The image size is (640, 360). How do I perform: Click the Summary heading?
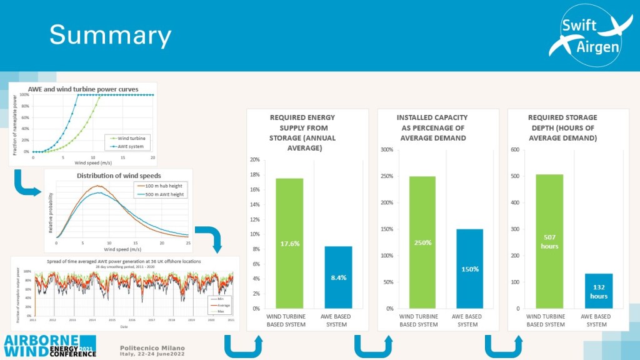(x=110, y=35)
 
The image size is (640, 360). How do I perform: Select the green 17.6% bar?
(x=289, y=243)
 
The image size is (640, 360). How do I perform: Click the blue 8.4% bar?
(x=339, y=277)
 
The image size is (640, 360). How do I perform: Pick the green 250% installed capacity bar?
(x=422, y=242)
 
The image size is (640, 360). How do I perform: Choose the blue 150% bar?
(x=469, y=269)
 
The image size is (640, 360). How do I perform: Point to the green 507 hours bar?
(x=549, y=241)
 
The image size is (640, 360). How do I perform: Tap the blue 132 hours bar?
(x=599, y=291)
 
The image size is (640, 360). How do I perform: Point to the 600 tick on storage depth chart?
(x=515, y=150)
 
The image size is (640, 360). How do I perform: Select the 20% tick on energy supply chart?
(x=254, y=159)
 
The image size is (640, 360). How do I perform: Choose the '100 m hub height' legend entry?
(x=161, y=186)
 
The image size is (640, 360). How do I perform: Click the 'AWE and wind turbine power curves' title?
(x=83, y=89)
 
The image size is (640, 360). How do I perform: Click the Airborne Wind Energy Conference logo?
(x=50, y=346)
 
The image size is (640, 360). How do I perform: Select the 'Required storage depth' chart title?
(x=562, y=127)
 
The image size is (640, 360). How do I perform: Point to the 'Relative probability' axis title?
(x=51, y=209)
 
